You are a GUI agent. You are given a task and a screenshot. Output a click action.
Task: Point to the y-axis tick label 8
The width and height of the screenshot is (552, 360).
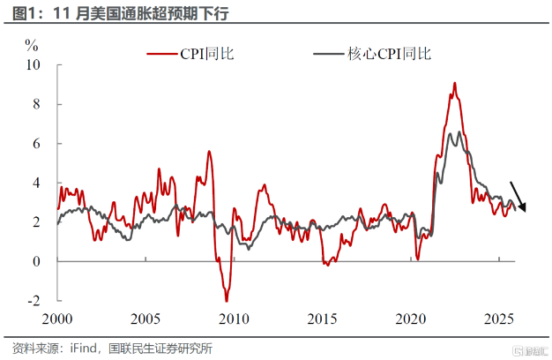pos(36,104)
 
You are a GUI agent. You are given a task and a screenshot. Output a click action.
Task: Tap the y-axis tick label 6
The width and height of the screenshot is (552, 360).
pos(36,143)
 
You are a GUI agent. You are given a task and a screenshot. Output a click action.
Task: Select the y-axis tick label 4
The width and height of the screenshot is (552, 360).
pos(36,183)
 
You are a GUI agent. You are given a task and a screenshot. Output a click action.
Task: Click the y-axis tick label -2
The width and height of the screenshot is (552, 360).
pos(34,301)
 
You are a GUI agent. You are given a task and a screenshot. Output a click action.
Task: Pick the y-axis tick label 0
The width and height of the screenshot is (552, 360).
pos(36,261)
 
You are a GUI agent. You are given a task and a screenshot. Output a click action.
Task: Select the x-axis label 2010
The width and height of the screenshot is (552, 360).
pos(233,319)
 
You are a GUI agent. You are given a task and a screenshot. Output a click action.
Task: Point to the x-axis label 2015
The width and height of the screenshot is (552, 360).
pos(321,319)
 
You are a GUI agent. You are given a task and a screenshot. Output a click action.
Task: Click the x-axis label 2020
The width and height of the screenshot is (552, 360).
pos(409,319)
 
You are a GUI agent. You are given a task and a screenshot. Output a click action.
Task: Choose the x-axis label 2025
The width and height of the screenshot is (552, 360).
pos(497,319)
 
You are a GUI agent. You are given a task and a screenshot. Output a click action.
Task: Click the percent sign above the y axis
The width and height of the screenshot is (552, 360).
pos(32,45)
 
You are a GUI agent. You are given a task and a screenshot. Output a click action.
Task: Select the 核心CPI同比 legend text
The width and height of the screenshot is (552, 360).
pos(388,54)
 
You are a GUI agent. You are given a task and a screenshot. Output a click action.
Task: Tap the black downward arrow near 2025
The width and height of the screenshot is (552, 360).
pos(518,196)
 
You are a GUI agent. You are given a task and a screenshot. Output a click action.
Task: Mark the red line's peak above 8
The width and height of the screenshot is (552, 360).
pos(454,83)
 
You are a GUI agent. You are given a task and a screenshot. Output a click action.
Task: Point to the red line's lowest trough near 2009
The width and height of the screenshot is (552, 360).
pos(227,301)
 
